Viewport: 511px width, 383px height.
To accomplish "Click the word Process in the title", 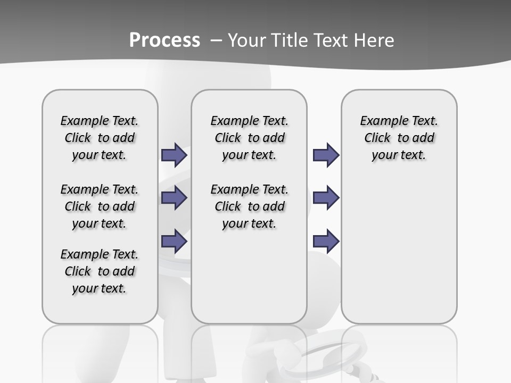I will [x=164, y=40].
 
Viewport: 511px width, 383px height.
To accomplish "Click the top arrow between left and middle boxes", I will [x=174, y=155].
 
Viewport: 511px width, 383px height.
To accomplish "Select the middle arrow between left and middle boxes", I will [x=174, y=198].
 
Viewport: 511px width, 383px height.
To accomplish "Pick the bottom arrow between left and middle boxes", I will [x=174, y=241].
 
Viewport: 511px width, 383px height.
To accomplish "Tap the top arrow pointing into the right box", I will [x=326, y=155].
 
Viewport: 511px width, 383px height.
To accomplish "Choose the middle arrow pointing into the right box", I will [x=326, y=198].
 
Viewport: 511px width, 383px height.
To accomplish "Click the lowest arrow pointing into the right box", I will [x=326, y=242].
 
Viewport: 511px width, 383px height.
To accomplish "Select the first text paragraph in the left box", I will [x=100, y=138].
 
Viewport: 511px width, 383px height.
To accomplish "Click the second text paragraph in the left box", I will [x=100, y=206].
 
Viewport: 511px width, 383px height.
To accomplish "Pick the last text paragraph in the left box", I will [x=100, y=271].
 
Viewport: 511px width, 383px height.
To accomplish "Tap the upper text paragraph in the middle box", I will [x=249, y=138].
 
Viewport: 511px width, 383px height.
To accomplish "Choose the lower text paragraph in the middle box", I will [x=249, y=206].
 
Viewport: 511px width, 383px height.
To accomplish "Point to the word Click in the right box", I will [x=377, y=138].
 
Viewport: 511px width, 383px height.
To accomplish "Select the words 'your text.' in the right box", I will [x=399, y=155].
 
